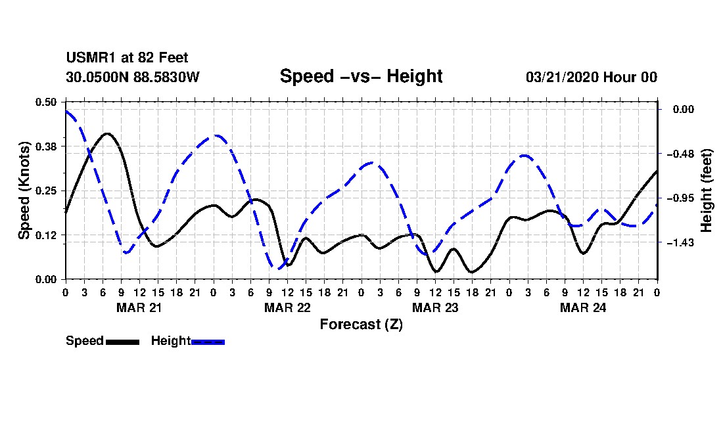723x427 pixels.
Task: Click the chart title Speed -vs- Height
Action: click(361, 76)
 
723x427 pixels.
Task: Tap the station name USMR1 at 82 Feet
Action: click(127, 58)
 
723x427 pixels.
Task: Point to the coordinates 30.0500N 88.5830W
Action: click(132, 77)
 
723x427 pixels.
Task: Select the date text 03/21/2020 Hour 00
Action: click(591, 77)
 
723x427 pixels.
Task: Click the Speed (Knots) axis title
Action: click(24, 191)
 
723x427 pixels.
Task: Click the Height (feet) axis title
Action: click(707, 191)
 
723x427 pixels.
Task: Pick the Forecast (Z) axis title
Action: click(361, 324)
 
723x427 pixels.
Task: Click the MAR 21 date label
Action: click(139, 307)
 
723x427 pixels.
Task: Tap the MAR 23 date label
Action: click(434, 307)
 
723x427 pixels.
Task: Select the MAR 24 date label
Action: click(582, 307)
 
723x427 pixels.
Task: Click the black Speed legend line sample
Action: click(122, 342)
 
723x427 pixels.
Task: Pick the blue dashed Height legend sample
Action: click(208, 342)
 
